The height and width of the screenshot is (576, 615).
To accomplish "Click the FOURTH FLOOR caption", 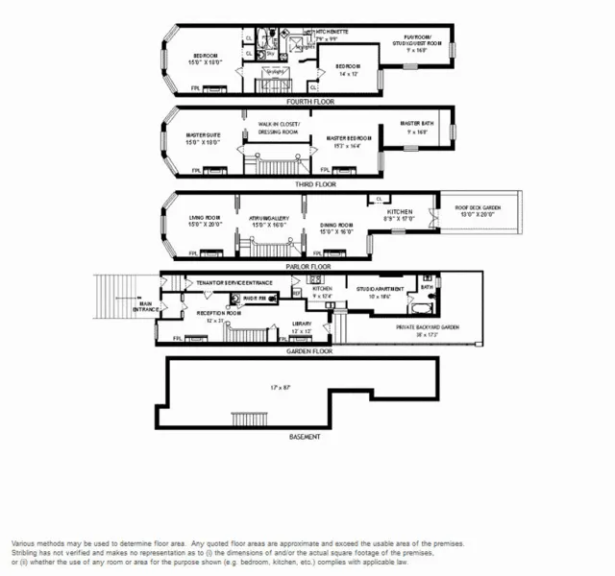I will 309,100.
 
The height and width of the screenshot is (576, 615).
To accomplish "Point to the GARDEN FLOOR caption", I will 308,351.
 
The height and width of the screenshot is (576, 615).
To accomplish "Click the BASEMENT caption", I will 305,437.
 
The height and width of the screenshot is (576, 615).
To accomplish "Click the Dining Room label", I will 336,228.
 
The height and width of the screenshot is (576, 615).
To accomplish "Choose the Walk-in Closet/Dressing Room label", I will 279,128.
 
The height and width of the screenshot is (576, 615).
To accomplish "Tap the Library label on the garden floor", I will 302,326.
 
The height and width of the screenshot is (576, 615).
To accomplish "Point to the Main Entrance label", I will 145,309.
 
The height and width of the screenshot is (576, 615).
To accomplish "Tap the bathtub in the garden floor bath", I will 421,309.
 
